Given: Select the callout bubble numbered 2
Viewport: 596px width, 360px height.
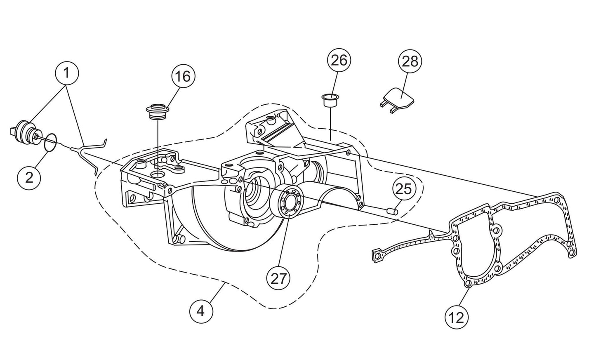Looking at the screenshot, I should [29, 177].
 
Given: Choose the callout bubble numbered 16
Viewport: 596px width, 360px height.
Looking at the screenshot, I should [183, 76].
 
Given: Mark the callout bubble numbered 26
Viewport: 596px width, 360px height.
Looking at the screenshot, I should [339, 60].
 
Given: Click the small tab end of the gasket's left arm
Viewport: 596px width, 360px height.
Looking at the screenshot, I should [376, 256].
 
